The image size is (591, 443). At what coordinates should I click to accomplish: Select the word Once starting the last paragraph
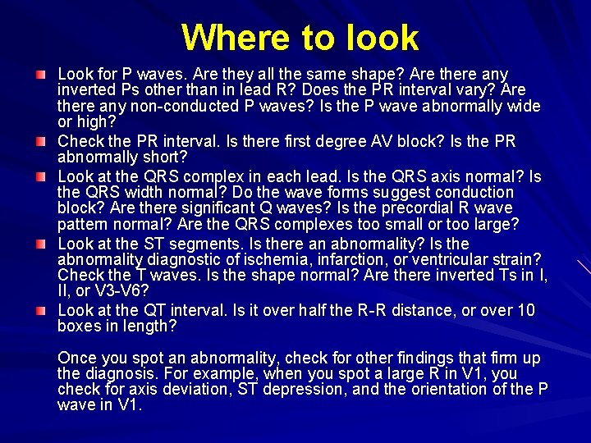coord(77,359)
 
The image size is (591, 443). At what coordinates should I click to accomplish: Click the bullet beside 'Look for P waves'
coord(40,75)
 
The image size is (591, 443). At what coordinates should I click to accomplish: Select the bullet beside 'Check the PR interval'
coord(40,142)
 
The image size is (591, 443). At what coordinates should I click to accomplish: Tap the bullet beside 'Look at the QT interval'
coord(40,310)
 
